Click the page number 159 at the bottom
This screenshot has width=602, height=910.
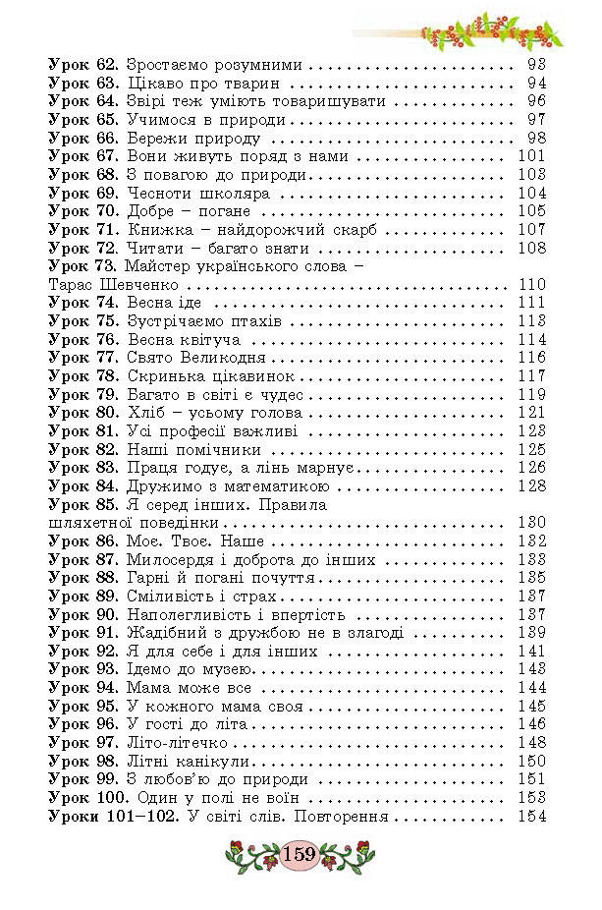(x=299, y=854)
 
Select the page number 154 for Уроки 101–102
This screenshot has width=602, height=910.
(x=530, y=818)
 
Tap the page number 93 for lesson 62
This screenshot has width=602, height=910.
(x=535, y=65)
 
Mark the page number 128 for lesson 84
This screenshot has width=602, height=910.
(x=530, y=485)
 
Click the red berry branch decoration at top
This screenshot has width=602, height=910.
(x=491, y=29)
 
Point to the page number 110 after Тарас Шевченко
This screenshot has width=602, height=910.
(x=530, y=285)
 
